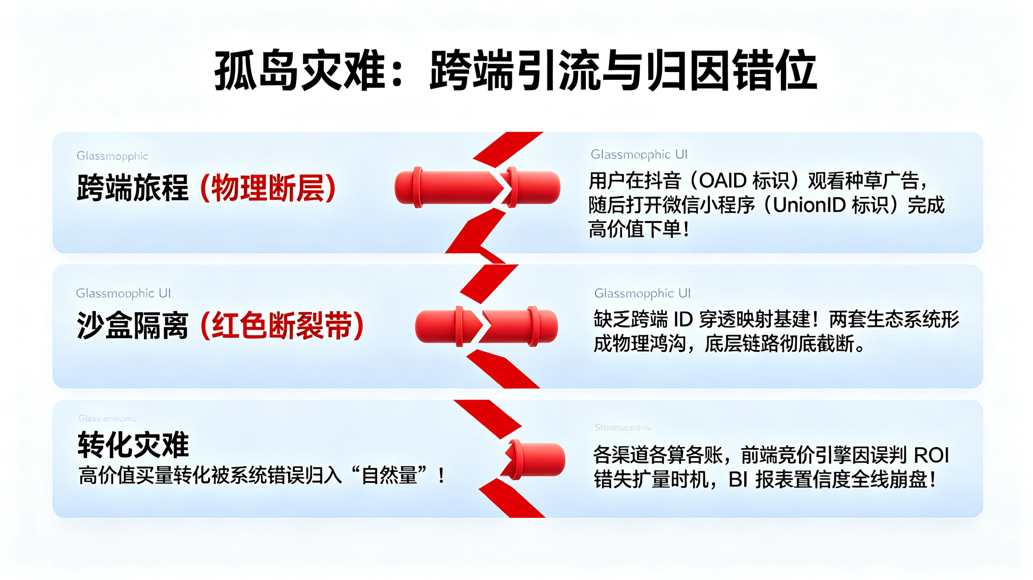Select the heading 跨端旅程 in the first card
click(x=132, y=187)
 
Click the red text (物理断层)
click(x=268, y=187)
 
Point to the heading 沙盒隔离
click(x=132, y=325)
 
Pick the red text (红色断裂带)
click(x=282, y=325)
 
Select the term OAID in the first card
click(x=722, y=181)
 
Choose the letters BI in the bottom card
click(x=738, y=479)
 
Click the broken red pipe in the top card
click(x=477, y=187)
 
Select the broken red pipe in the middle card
click(x=486, y=326)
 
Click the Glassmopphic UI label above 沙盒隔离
click(x=123, y=293)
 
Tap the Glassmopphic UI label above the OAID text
click(x=639, y=154)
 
